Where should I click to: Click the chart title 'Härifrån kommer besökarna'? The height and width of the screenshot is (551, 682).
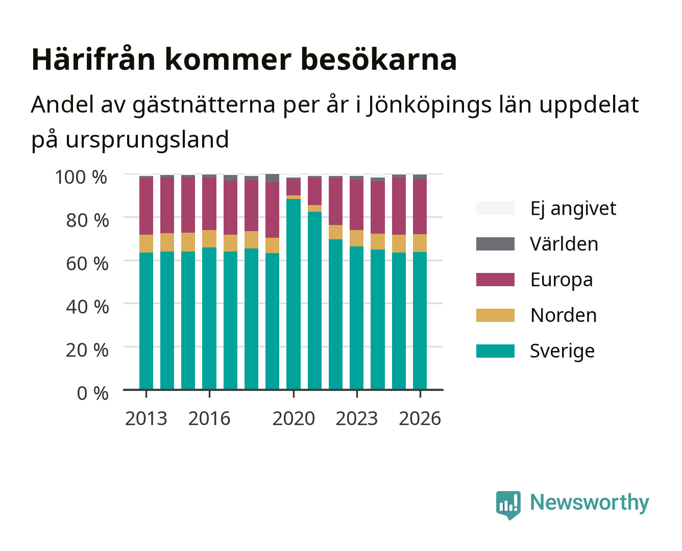244,60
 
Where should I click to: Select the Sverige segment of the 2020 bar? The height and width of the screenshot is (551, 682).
294,294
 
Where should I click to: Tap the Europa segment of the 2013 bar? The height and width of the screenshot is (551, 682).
146,207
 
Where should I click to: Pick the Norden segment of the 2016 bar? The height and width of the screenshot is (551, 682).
209,239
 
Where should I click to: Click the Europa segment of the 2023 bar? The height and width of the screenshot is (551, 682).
356,205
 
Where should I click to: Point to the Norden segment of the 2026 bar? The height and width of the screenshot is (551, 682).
420,243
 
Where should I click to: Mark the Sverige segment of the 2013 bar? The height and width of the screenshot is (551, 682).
146,321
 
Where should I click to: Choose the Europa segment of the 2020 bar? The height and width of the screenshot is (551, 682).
294,187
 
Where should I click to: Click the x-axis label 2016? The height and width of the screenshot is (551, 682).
209,418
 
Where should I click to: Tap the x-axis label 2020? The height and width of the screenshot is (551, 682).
294,418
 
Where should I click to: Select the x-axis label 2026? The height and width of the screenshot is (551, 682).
420,418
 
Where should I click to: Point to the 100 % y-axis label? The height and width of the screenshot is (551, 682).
81,177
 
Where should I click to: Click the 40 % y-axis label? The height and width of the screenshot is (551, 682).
87,307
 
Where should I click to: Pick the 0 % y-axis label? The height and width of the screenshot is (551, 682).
92,393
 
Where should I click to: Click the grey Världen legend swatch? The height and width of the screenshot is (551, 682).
495,244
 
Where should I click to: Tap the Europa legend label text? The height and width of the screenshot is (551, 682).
562,280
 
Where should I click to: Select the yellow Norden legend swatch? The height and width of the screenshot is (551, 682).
495,315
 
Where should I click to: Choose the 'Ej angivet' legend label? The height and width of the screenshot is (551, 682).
573,209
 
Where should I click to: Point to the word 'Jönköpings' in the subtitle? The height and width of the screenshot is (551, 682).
429,105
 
